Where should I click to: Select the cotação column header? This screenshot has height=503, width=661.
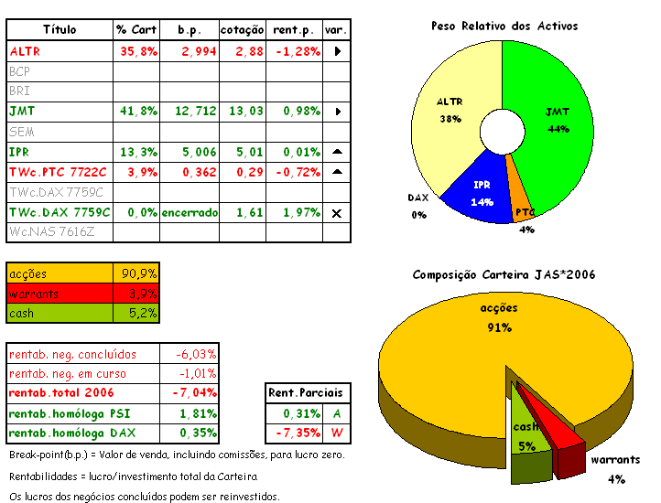click(x=243, y=30)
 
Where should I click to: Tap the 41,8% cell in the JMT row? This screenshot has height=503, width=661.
click(x=138, y=111)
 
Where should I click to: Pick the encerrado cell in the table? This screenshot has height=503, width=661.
click(x=190, y=212)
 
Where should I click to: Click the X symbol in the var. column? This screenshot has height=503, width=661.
click(x=337, y=212)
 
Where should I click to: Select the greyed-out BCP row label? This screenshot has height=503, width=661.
click(x=19, y=70)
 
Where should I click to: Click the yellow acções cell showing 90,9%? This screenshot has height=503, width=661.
click(x=139, y=273)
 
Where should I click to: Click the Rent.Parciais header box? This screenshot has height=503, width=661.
click(x=306, y=392)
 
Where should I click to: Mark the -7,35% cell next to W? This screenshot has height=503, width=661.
click(x=296, y=432)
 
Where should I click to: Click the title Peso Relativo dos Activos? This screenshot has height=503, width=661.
click(x=504, y=26)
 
